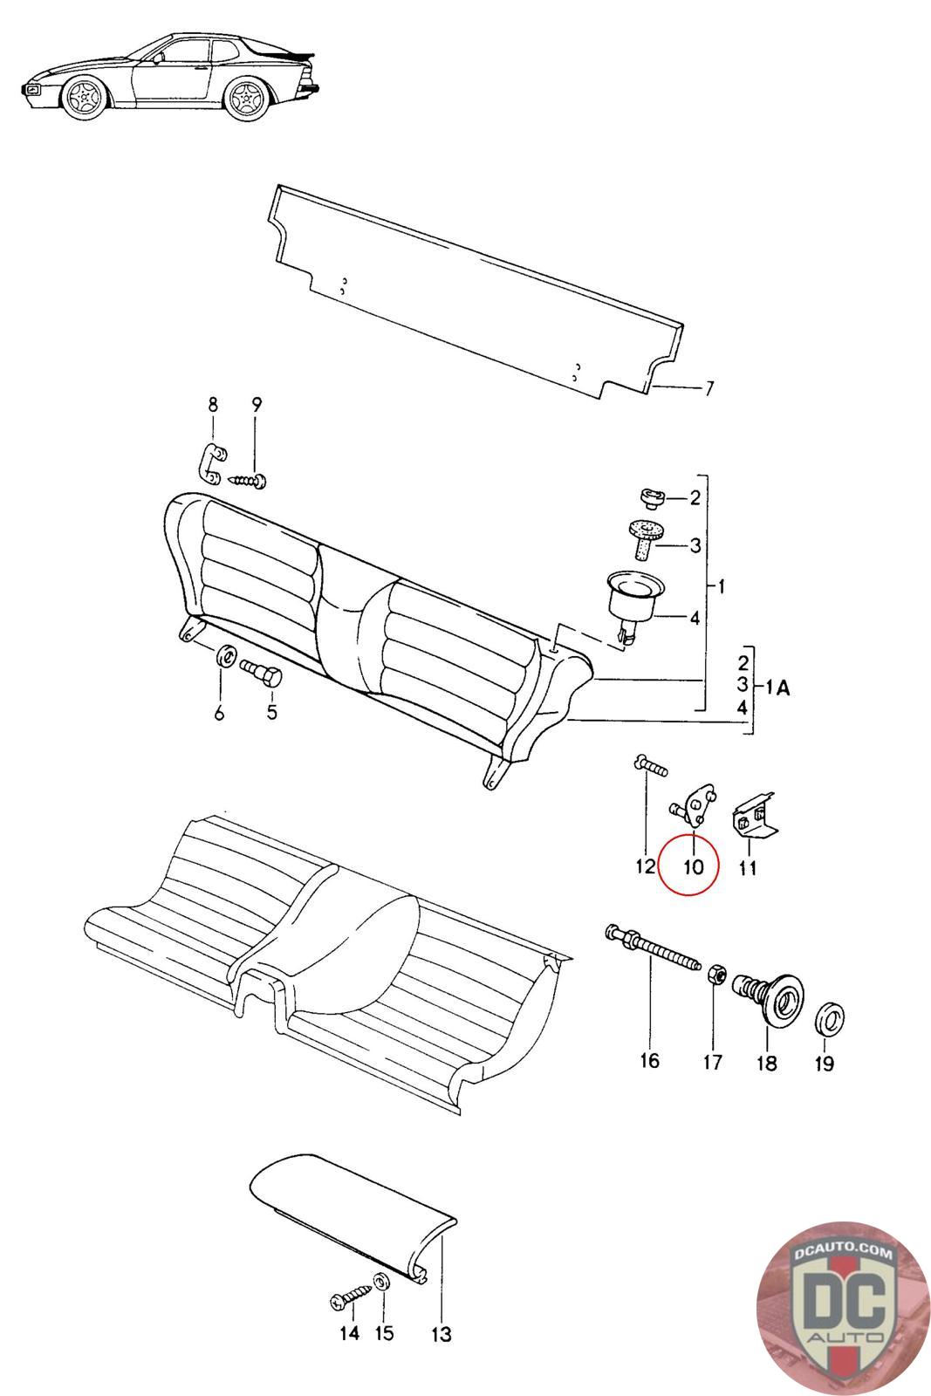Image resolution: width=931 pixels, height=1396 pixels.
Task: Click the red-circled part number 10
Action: (693, 867)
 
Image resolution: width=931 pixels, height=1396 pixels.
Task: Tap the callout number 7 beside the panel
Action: (709, 388)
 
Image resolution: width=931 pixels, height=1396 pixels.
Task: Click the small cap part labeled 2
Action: (652, 498)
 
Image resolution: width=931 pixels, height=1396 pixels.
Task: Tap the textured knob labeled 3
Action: (646, 538)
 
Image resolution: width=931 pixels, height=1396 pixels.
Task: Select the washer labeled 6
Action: (224, 654)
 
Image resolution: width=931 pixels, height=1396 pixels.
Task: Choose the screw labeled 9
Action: (249, 479)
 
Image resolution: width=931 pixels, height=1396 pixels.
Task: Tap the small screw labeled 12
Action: (648, 767)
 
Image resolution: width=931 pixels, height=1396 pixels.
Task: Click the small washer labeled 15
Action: (382, 1282)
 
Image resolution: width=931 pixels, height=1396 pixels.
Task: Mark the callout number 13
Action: (442, 1334)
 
